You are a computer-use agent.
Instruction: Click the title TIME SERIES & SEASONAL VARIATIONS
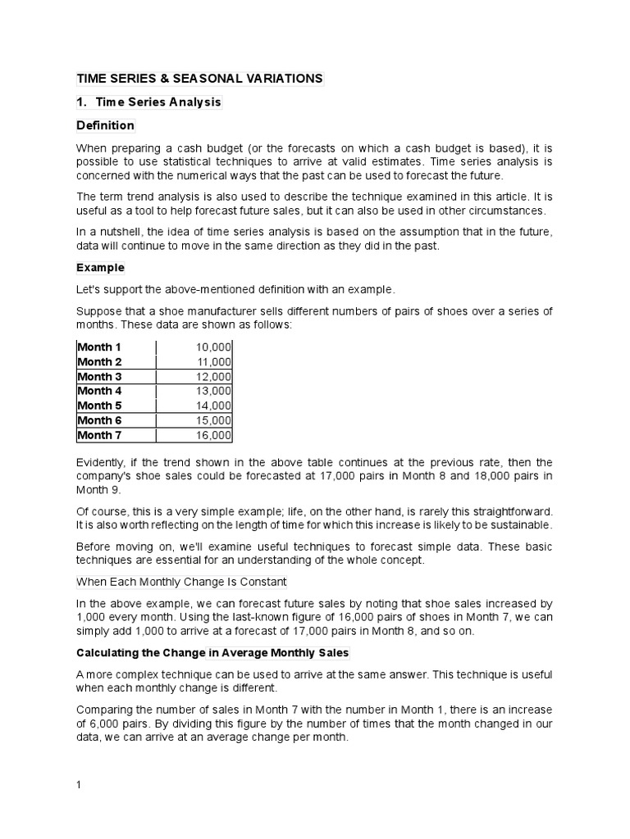point(200,79)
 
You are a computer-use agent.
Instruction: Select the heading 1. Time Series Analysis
point(148,102)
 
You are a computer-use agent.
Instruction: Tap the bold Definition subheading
point(105,125)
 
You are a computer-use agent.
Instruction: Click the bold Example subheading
point(100,267)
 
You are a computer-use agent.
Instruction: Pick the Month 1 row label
point(99,347)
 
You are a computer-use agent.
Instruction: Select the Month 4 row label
point(99,391)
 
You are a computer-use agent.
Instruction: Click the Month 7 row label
point(99,435)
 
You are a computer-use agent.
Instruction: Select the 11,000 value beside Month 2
point(214,361)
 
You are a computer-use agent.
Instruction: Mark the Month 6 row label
point(99,420)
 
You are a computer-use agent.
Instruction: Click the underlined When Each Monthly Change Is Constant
point(181,582)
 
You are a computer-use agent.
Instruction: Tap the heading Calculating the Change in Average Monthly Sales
point(212,653)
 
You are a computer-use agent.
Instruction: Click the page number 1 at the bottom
point(79,784)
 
